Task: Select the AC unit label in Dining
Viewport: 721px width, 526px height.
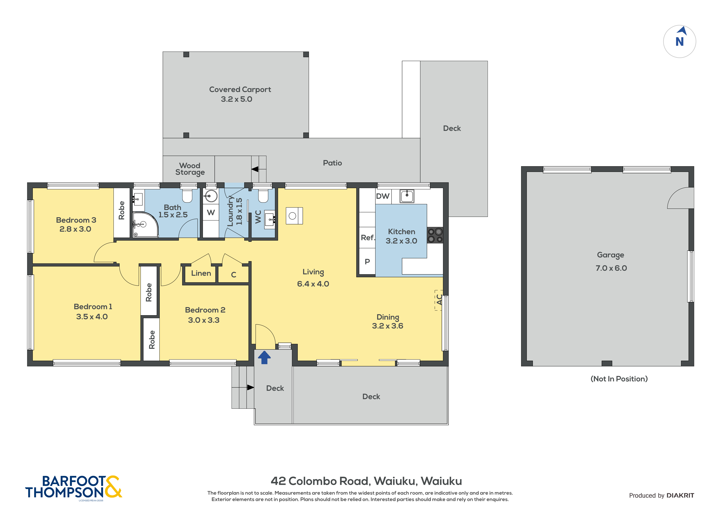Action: point(439,300)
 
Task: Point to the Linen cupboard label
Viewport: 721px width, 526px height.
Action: point(201,273)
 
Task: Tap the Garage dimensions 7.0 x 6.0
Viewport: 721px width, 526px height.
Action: point(611,268)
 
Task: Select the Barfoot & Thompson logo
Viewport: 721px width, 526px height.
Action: point(73,487)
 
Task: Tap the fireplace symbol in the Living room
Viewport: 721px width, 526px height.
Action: point(294,216)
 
